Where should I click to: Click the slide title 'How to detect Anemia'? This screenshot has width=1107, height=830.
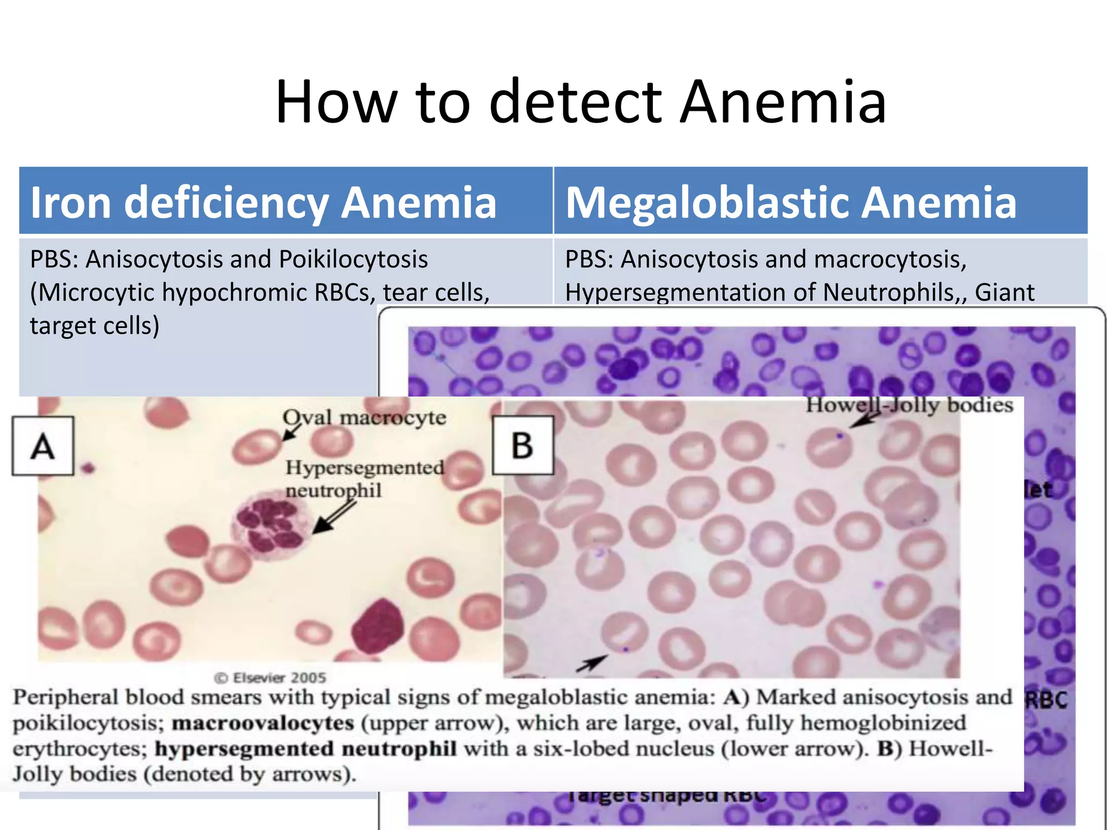pyautogui.click(x=581, y=102)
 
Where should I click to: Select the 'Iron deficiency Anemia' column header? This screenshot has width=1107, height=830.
pyautogui.click(x=263, y=202)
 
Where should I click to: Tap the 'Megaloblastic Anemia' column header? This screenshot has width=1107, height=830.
pyautogui.click(x=791, y=202)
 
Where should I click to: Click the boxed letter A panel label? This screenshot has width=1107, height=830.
pyautogui.click(x=43, y=446)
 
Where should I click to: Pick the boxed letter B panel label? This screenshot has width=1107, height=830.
pyautogui.click(x=523, y=446)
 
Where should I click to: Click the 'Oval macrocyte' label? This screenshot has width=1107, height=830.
pyautogui.click(x=364, y=418)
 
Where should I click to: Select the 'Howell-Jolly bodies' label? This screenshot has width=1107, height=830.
pyautogui.click(x=909, y=405)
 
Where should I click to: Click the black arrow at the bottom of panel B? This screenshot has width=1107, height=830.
pyautogui.click(x=591, y=663)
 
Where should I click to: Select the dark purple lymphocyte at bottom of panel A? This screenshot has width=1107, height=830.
pyautogui.click(x=378, y=627)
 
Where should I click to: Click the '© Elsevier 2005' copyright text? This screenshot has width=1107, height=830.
pyautogui.click(x=270, y=678)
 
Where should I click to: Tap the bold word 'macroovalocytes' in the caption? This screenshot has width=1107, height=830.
pyautogui.click(x=263, y=723)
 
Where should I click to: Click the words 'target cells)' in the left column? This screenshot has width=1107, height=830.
pyautogui.click(x=95, y=326)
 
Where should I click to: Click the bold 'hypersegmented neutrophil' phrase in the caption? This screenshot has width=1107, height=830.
pyautogui.click(x=305, y=749)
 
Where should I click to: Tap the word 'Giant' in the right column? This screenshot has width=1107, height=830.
pyautogui.click(x=1004, y=293)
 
